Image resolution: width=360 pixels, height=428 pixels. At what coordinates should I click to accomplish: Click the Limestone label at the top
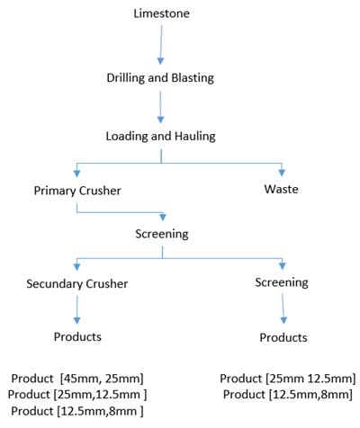pos(161,13)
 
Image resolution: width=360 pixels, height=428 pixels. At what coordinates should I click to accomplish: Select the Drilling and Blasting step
pos(160,78)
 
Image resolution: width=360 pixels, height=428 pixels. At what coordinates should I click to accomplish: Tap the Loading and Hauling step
pos(160,137)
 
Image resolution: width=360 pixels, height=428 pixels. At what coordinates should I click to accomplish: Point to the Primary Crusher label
pos(77,191)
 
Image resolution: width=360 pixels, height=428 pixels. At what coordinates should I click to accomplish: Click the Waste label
pos(281,189)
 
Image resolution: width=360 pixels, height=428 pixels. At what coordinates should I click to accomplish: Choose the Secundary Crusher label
pos(77,284)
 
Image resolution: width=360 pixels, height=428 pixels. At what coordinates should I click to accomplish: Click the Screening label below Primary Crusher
pos(162,234)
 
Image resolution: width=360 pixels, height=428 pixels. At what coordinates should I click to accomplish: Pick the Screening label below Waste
pos(282,282)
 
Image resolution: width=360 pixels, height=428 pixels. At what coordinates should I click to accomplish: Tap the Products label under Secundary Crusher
pos(77,336)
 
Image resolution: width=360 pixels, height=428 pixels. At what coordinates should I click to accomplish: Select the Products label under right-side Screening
pos(283,337)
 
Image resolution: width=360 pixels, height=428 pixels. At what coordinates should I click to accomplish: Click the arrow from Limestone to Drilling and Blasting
pos(161,45)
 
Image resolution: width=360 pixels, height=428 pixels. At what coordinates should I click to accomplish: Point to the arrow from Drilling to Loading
pos(160,107)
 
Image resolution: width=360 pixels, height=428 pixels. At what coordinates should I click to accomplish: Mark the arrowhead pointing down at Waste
pos(282,173)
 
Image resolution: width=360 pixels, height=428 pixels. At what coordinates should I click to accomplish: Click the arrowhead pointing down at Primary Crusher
pos(76,174)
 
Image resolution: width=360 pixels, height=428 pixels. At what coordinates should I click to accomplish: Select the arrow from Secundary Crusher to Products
pos(76,310)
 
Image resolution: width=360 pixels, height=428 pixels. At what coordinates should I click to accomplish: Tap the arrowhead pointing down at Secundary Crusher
pos(76,266)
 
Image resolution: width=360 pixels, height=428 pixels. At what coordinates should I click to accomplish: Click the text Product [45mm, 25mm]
pos(77,379)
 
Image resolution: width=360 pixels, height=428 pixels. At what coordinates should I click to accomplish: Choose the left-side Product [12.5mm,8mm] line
pos(77,411)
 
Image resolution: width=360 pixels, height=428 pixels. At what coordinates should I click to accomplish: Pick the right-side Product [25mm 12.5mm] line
pos(288,379)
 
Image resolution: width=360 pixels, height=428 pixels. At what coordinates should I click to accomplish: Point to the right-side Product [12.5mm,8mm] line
pos(288,395)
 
